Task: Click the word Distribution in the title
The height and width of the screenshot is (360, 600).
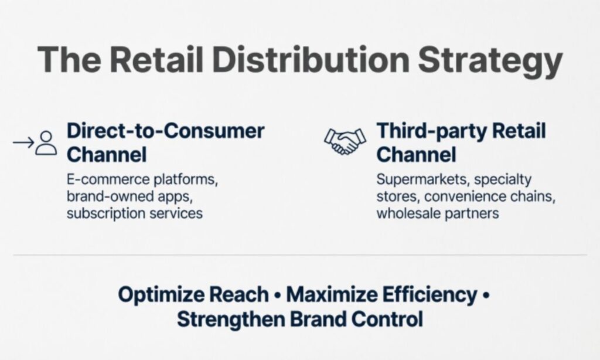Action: coord(305,60)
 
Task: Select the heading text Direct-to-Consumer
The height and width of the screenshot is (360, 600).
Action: coord(165,131)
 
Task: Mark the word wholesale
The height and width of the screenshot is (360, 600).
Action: coord(407,213)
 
